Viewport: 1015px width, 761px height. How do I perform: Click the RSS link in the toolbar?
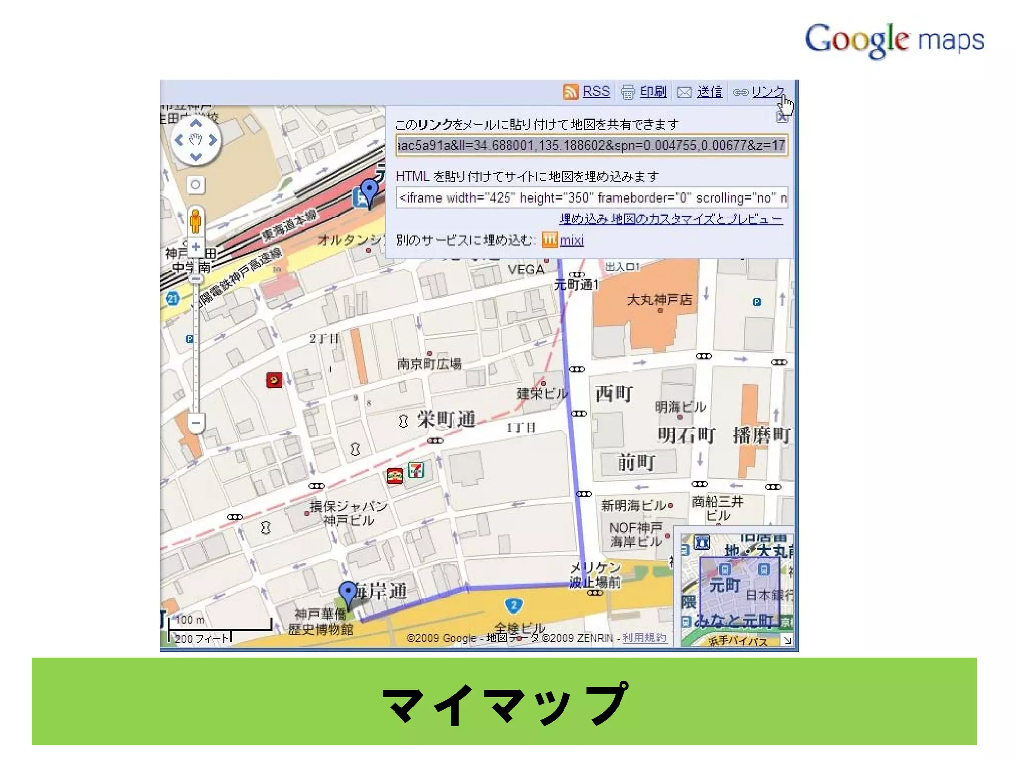[596, 91]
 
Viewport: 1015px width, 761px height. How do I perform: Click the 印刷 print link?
[653, 92]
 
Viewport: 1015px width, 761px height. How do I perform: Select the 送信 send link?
[709, 92]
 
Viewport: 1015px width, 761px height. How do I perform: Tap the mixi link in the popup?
[571, 240]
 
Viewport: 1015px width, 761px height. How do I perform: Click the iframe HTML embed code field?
[592, 198]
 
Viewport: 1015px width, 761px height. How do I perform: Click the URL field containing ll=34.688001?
[592, 145]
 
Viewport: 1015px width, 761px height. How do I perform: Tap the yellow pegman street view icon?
[196, 221]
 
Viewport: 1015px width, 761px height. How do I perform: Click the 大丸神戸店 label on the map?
[659, 300]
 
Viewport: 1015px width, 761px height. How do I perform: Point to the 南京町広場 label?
[429, 364]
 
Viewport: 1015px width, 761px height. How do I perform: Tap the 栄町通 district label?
[446, 420]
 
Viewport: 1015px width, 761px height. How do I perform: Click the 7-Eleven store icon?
[416, 469]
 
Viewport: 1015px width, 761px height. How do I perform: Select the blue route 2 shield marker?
[514, 605]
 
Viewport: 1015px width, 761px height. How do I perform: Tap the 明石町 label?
[686, 435]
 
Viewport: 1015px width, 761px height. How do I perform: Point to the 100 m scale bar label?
[190, 620]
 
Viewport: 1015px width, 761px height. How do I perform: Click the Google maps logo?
[894, 40]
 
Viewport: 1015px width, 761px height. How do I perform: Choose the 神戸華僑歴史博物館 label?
[321, 622]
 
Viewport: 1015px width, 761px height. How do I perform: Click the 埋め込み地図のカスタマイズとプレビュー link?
[671, 219]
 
